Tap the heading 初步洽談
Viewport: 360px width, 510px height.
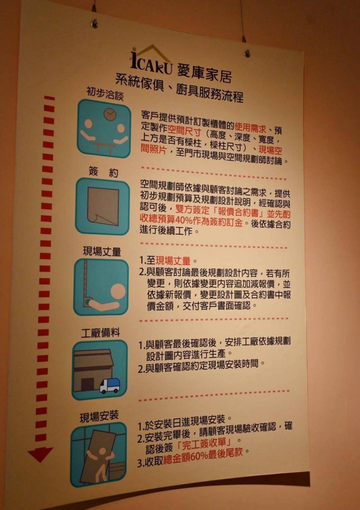(x=105, y=93)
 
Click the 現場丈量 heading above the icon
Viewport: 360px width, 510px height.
(x=102, y=251)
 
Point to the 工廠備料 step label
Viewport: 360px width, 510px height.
(x=100, y=333)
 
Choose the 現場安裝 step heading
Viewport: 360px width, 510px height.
(x=99, y=416)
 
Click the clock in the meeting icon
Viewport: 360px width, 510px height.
(x=110, y=114)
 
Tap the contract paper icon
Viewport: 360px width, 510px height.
(x=103, y=206)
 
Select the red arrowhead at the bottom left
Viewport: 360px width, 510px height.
(x=40, y=454)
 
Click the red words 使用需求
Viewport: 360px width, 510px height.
(x=250, y=127)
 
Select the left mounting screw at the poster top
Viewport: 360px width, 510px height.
(x=95, y=23)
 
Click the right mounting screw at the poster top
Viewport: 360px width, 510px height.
(x=247, y=53)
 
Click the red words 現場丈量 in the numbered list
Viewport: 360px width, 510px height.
(x=173, y=260)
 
